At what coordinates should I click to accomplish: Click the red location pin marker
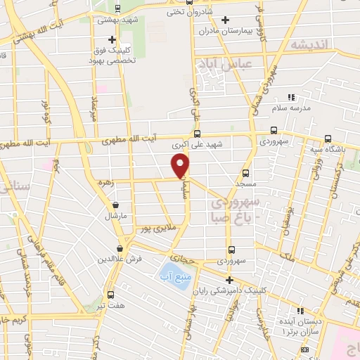181,165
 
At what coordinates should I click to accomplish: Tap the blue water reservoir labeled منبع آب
169,270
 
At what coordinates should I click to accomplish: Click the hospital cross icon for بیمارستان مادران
225,20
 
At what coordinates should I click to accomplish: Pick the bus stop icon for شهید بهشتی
116,8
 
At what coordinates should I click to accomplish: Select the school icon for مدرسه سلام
291,97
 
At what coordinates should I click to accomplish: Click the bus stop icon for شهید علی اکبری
198,134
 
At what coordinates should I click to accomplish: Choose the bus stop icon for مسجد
246,172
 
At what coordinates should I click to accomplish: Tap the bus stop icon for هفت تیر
110,295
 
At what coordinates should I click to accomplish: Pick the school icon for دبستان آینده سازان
301,310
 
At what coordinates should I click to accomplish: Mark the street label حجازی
193,259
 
